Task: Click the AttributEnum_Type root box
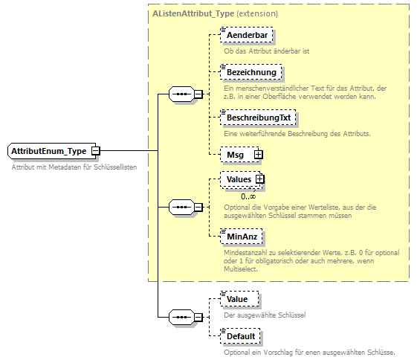[x=48, y=151]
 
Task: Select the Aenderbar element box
[x=246, y=36]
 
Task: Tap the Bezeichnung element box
[x=250, y=72]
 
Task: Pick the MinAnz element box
[x=242, y=237]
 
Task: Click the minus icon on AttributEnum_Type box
[x=96, y=151]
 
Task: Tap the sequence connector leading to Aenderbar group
[x=182, y=94]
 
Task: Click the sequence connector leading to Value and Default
[x=182, y=318]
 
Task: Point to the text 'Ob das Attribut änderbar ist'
[x=267, y=51]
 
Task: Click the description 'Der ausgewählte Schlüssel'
[x=265, y=315]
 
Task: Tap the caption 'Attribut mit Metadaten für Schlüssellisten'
[x=74, y=167]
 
